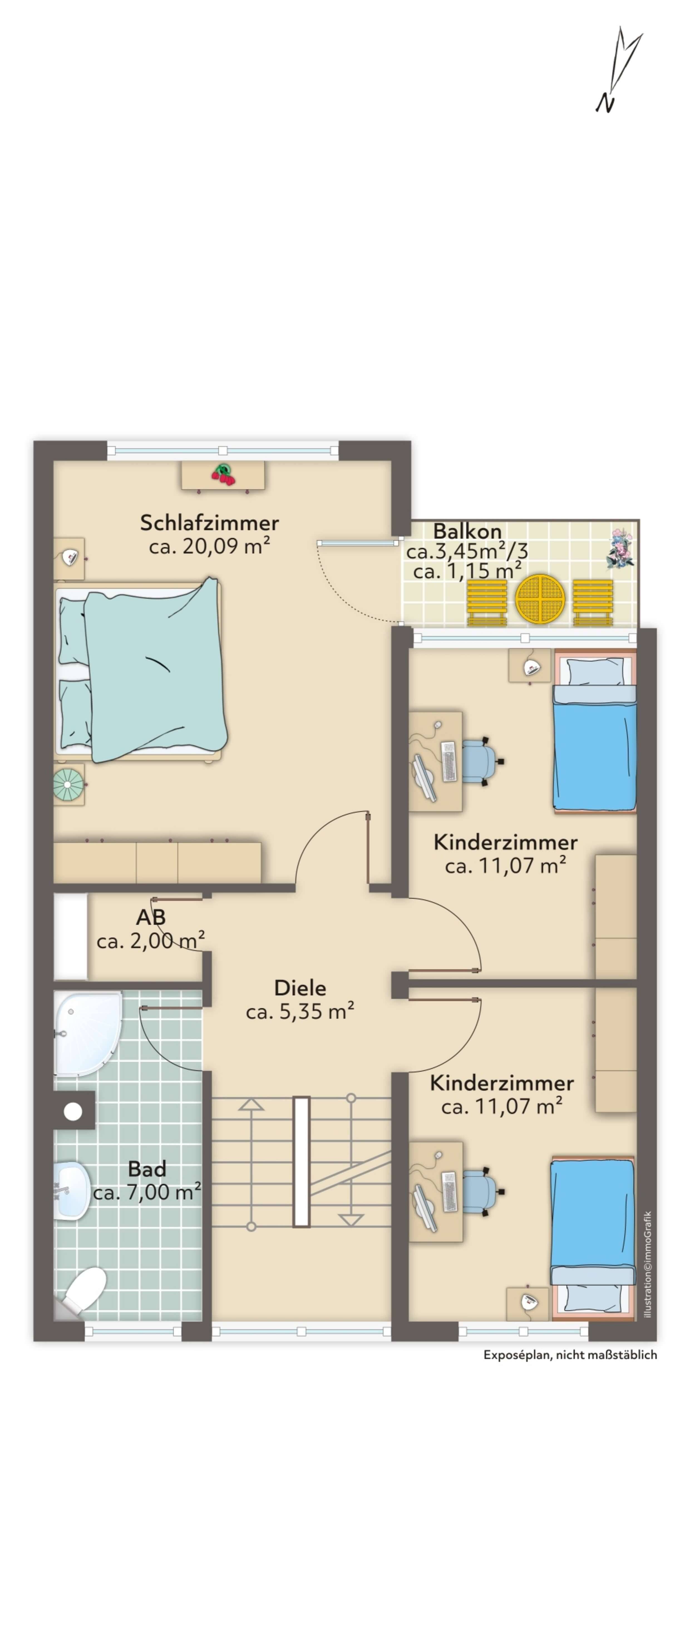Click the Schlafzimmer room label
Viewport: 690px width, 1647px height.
(209, 522)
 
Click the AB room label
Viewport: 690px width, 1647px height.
(151, 918)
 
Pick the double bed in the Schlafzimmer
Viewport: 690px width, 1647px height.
(141, 671)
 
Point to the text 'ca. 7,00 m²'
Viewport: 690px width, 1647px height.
(147, 1192)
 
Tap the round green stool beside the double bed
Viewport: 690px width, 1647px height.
(68, 784)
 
